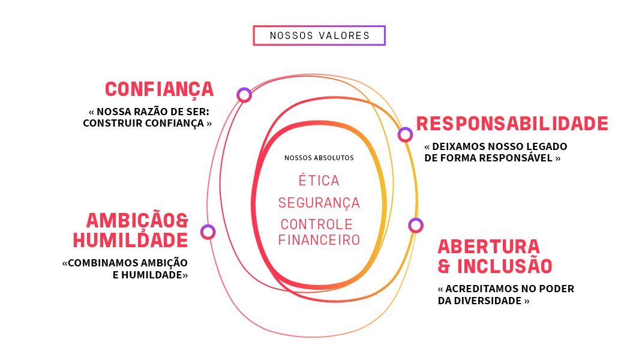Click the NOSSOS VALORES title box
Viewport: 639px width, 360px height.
[319, 35]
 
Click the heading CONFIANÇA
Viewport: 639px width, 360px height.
[159, 89]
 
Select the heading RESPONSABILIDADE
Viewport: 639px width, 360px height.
[512, 124]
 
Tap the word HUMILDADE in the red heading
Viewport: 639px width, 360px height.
[130, 240]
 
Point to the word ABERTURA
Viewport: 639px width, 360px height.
[480, 247]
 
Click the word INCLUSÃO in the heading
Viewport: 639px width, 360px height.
[505, 266]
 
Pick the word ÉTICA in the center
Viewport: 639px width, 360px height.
[319, 180]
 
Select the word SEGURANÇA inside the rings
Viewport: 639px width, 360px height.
[319, 203]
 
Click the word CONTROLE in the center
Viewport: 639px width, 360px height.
[317, 224]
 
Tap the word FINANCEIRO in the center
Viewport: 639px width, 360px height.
[319, 240]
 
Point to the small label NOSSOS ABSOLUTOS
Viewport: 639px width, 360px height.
[319, 158]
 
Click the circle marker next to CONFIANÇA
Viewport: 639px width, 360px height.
[244, 95]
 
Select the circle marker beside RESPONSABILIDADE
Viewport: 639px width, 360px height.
[405, 134]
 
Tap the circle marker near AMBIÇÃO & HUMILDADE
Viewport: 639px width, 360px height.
[208, 232]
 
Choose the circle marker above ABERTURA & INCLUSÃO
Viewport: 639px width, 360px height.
[416, 225]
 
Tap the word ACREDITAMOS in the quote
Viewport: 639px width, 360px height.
[480, 289]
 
